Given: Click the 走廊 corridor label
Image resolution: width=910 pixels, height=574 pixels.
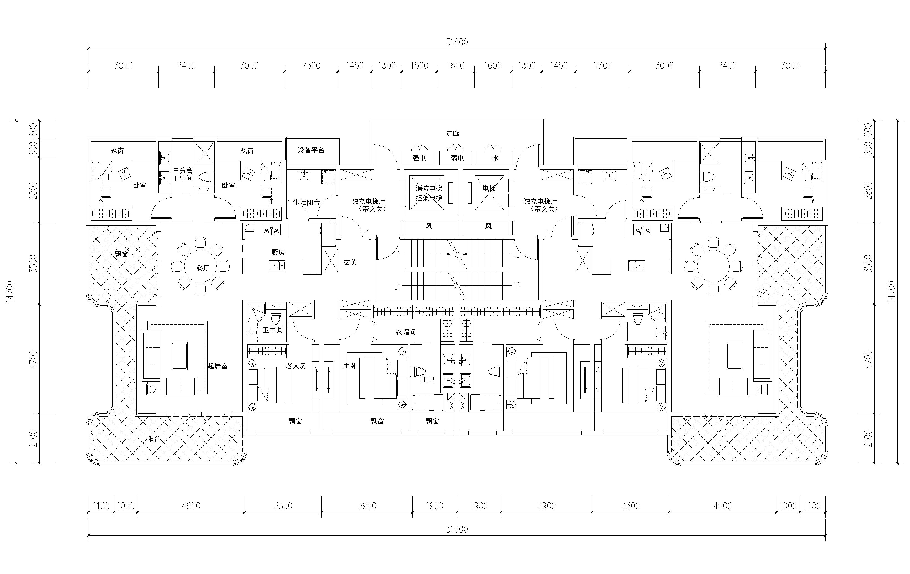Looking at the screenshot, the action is point(452,133).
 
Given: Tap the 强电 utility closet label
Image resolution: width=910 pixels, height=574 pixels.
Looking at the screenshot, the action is point(419,158).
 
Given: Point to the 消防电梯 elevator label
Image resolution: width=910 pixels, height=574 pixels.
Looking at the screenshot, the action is point(429,188).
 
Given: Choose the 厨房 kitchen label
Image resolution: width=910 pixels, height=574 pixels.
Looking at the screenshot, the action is point(278,252).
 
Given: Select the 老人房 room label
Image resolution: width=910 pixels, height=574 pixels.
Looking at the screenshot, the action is point(296,366).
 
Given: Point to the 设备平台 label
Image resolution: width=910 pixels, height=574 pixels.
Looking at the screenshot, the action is point(311,150).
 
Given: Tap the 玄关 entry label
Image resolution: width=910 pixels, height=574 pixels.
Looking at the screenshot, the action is point(350,262).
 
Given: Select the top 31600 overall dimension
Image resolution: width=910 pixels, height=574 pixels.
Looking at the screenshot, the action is point(457,42).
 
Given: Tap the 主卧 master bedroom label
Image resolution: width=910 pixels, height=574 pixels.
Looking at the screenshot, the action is point(350,366).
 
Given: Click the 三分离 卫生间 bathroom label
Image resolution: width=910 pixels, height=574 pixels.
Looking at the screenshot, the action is point(183,174).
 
